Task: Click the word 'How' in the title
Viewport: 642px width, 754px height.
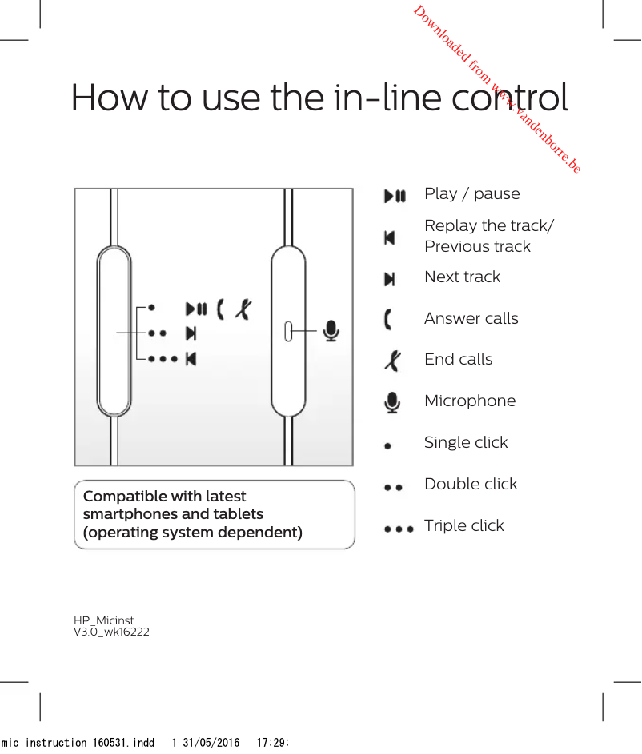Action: coord(109,98)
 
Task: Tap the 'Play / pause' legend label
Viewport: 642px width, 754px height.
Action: coord(471,194)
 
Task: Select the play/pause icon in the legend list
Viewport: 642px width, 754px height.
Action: coord(395,195)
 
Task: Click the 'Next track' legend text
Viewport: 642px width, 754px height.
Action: coord(462,277)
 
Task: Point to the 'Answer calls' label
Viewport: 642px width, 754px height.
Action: coord(471,318)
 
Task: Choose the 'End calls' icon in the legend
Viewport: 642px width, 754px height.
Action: coord(392,361)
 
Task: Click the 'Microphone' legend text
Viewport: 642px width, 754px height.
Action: coord(470,401)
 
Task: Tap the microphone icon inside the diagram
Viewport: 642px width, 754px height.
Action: coord(330,330)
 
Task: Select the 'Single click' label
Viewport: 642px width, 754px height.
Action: coord(465,442)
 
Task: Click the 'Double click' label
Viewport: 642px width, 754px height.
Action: coord(471,484)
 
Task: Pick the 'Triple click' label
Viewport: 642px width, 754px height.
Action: coord(463,525)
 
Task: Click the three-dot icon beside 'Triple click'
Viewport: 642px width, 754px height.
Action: coord(399,529)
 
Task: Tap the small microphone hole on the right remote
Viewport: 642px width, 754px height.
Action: coord(289,331)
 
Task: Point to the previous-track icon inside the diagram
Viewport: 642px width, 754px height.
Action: coord(191,358)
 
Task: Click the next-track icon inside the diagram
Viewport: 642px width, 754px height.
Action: coord(191,333)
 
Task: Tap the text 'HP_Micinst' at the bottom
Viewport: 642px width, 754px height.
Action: coord(104,620)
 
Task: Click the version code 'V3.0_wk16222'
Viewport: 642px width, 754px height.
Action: coord(111,632)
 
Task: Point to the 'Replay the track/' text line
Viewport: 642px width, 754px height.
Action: coord(488,225)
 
